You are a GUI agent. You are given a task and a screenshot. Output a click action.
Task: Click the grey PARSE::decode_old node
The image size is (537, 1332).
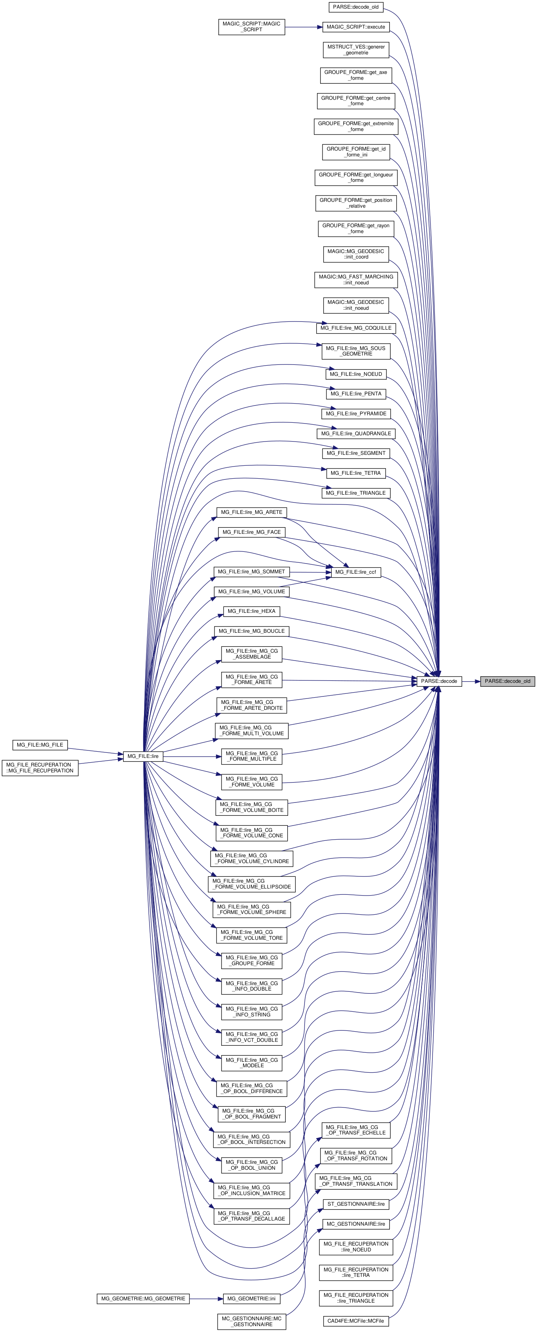point(507,681)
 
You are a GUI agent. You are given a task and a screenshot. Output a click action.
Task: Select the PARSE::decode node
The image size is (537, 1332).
point(439,681)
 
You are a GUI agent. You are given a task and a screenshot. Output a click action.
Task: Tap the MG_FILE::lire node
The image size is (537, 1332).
point(143,756)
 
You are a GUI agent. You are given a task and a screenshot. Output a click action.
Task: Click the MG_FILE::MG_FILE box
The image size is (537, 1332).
point(40,745)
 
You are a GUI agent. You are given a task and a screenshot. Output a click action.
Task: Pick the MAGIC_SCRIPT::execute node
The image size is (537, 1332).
point(355,27)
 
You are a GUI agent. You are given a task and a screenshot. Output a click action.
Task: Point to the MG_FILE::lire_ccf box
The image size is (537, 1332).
point(355,572)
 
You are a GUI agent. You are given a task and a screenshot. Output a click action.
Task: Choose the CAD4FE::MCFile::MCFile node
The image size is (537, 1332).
point(355,1321)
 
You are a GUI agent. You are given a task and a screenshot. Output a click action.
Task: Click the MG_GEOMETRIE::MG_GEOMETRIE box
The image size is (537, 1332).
point(143,1298)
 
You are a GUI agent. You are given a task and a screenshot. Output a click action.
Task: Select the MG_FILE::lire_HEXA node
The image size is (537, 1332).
point(251,611)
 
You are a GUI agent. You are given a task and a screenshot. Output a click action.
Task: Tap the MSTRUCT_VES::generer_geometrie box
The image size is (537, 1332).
point(355,50)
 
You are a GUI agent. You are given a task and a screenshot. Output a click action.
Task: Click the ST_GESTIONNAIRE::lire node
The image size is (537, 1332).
point(355,1204)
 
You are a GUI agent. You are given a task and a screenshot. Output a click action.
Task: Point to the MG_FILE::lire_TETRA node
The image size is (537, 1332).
point(355,473)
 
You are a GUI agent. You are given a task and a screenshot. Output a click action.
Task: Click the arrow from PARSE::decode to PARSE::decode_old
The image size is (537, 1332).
point(471,681)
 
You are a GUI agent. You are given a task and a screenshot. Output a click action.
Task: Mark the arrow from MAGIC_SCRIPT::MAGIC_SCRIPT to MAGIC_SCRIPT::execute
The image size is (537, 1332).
point(304,27)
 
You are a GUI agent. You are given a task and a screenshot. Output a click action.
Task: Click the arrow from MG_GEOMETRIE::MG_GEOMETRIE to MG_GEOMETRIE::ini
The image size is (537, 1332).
point(206,1298)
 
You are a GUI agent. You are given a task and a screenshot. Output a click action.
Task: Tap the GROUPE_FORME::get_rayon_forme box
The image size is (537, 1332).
point(355,228)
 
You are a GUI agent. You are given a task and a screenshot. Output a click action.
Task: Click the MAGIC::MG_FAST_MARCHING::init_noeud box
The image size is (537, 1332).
point(355,280)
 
